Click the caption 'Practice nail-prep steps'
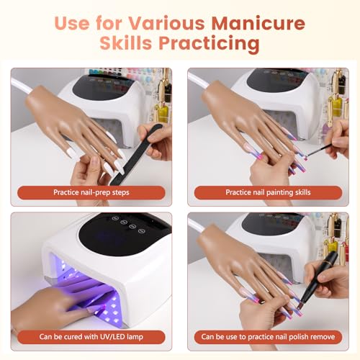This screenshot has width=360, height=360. [93, 192]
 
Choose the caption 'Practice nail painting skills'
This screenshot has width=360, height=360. [268, 192]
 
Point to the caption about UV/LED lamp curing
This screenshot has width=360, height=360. [93, 336]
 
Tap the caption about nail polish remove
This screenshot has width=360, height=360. [268, 336]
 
